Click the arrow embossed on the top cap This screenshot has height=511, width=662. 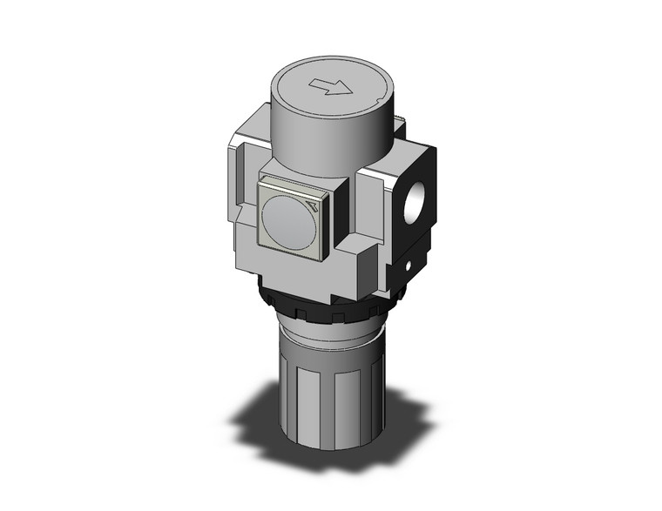point(328,84)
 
